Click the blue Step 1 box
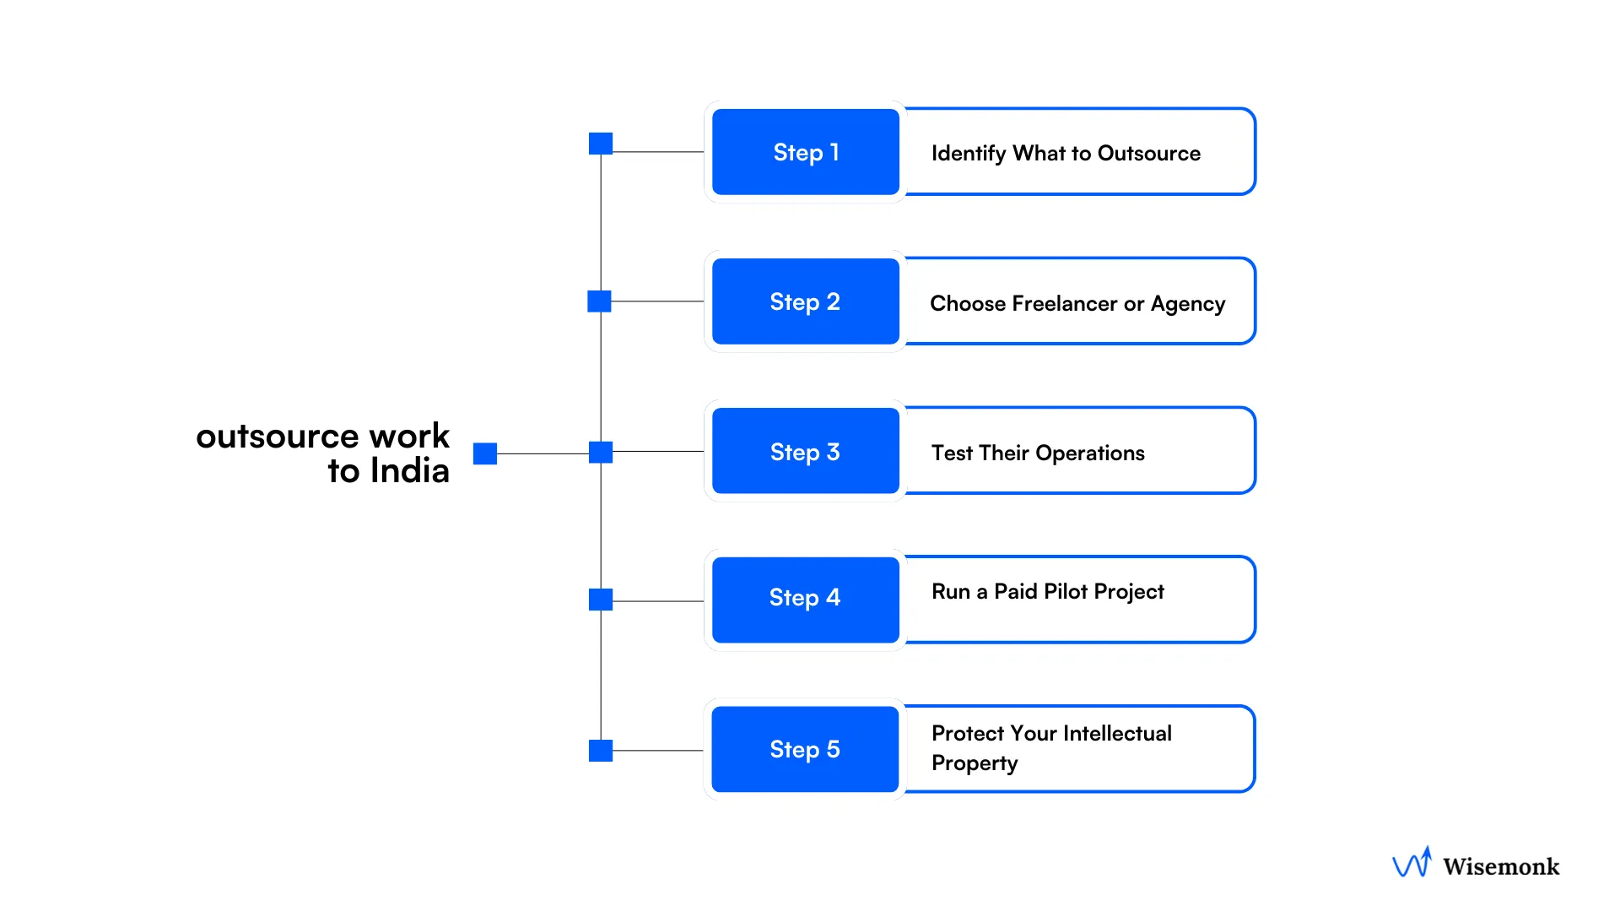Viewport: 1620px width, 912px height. pyautogui.click(x=805, y=152)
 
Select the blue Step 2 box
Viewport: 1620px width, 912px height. pyautogui.click(x=805, y=301)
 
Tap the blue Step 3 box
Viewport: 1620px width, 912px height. pyautogui.click(x=805, y=451)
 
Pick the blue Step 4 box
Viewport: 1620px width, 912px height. pyautogui.click(x=805, y=599)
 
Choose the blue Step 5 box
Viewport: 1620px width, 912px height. pyautogui.click(x=805, y=749)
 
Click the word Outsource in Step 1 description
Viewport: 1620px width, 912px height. pyautogui.click(x=1148, y=154)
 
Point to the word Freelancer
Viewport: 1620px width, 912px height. pyautogui.click(x=1065, y=303)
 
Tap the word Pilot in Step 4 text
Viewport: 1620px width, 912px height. pyautogui.click(x=1065, y=591)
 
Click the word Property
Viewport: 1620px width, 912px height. pyautogui.click(x=975, y=763)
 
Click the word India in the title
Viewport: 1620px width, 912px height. pyautogui.click(x=409, y=471)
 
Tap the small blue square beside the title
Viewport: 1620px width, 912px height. pyautogui.click(x=485, y=453)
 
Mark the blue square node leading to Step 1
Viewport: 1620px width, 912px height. pyautogui.click(x=601, y=144)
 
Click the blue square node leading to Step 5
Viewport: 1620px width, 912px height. pyautogui.click(x=601, y=750)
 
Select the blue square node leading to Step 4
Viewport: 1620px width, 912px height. pyautogui.click(x=601, y=600)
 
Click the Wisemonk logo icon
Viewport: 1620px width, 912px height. pyautogui.click(x=1412, y=863)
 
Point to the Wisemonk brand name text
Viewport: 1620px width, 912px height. pyautogui.click(x=1500, y=866)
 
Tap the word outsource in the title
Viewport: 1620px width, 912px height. pyautogui.click(x=278, y=437)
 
